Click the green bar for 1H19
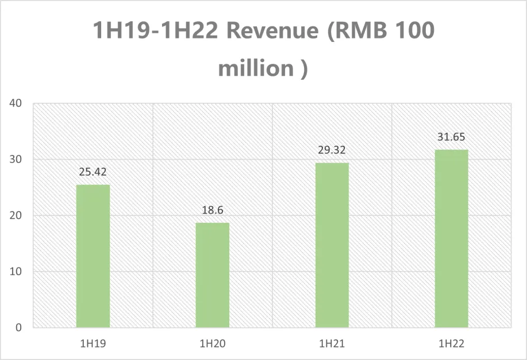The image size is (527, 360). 93,256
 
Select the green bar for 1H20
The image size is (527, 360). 213,275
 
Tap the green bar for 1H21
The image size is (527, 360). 332,245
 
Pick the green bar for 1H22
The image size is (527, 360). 451,238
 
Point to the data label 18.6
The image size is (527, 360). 213,210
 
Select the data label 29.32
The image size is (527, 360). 332,150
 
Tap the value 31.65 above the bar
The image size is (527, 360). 451,137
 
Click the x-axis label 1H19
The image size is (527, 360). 93,344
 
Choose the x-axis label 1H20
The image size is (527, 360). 213,344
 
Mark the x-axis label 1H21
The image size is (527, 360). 332,344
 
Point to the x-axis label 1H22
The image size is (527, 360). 451,344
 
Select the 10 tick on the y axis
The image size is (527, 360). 16,272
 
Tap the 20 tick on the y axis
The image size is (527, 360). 16,216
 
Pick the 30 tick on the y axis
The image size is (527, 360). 16,160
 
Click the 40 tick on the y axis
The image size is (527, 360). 16,104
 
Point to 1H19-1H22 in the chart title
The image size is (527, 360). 155,31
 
